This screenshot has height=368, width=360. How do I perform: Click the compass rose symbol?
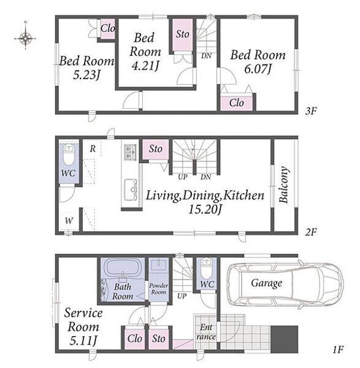click(x=25, y=37)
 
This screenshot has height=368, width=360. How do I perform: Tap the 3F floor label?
click(x=311, y=111)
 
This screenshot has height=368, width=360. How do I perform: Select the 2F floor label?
click(x=311, y=232)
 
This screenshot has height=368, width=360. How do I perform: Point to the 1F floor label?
click(x=338, y=350)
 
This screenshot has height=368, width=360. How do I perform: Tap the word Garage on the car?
click(x=267, y=283)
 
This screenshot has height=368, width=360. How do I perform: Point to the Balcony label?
click(x=284, y=185)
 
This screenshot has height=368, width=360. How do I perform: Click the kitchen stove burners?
click(x=130, y=152)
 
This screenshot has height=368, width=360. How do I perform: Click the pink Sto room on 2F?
click(x=156, y=150)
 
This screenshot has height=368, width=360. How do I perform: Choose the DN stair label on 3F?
click(x=206, y=56)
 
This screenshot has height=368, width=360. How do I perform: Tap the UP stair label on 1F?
click(x=182, y=296)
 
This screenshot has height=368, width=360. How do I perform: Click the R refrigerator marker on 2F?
click(x=93, y=148)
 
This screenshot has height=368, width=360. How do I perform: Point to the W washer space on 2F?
click(x=69, y=221)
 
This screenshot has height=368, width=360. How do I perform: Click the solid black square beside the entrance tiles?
click(x=284, y=339)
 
